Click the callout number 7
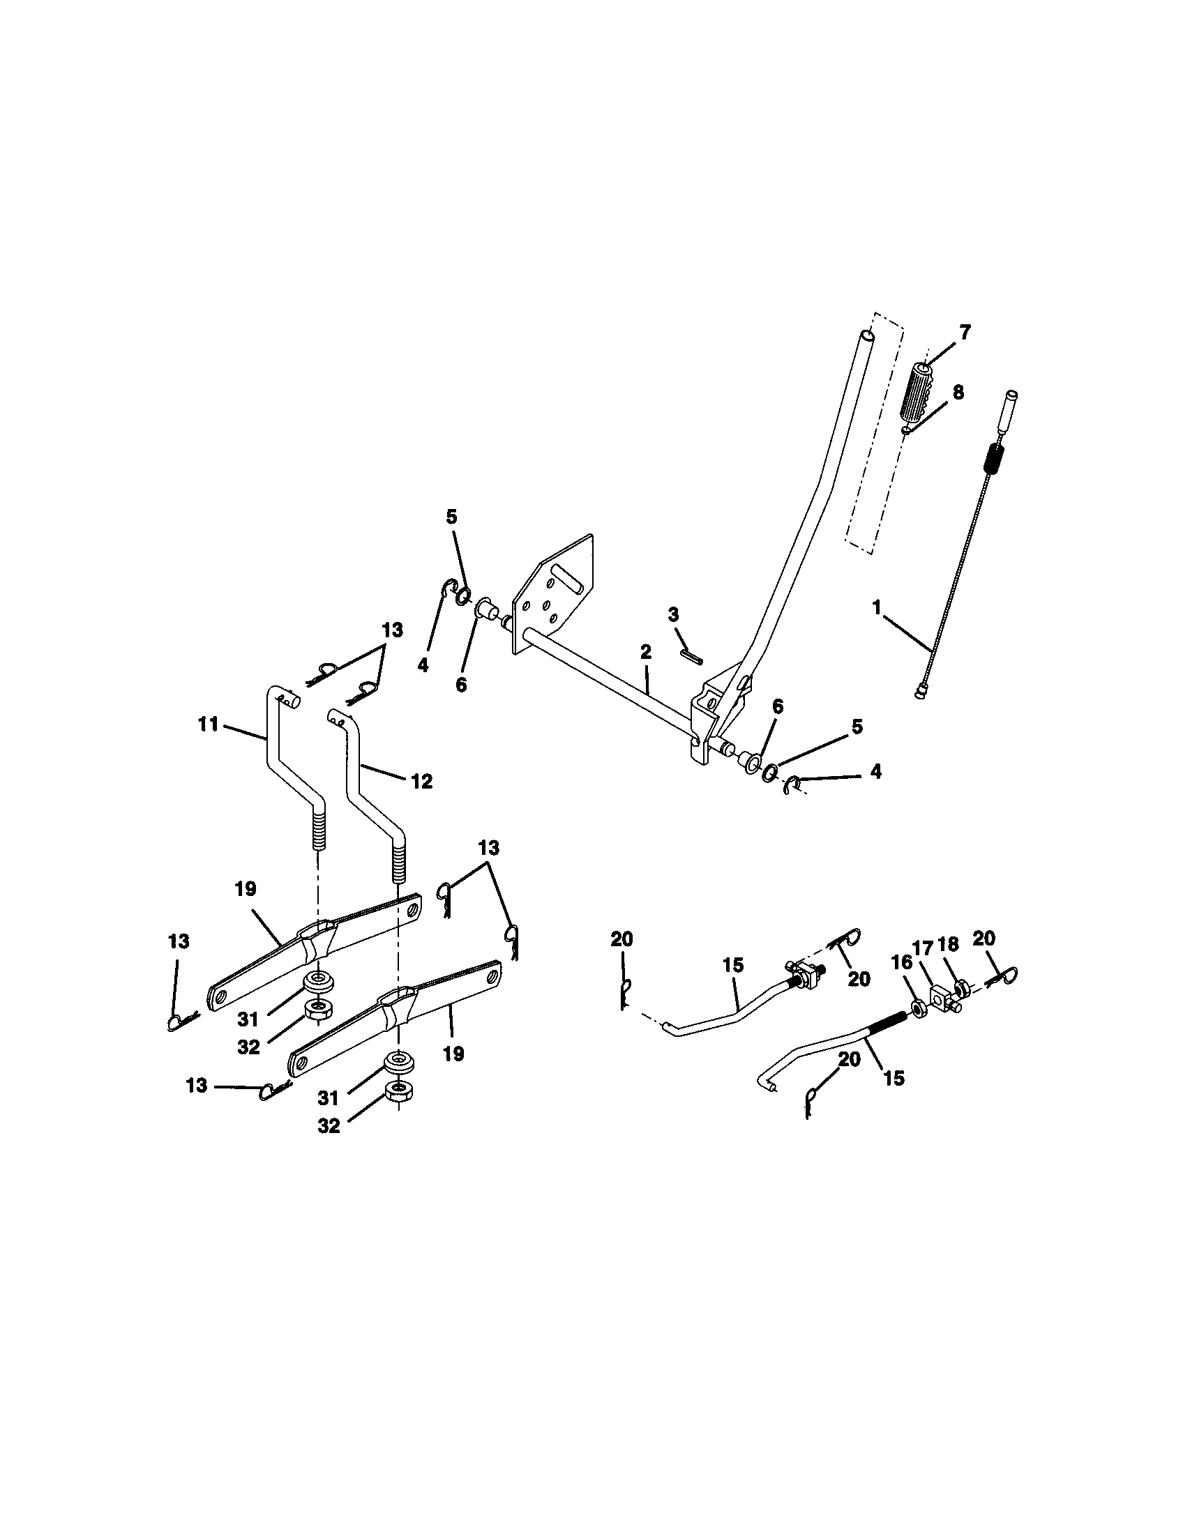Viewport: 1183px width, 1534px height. coord(964,332)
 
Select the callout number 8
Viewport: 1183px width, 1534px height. coord(958,392)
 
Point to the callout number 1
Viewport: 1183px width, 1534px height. coord(877,607)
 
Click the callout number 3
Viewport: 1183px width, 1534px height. coord(673,615)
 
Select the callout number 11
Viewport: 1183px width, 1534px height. coord(208,724)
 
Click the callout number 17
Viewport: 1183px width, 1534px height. coord(921,948)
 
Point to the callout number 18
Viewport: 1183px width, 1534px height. coord(949,944)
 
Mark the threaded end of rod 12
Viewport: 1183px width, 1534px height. coord(398,862)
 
